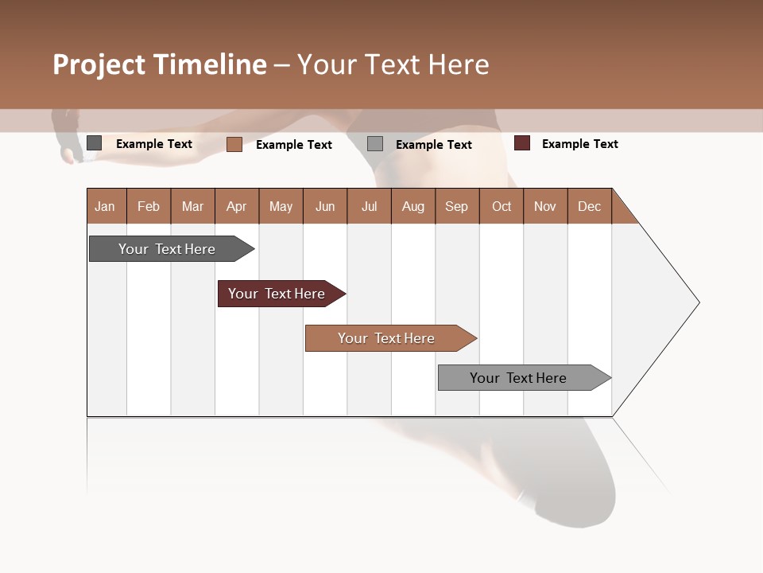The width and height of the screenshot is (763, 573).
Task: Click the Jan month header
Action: (x=105, y=206)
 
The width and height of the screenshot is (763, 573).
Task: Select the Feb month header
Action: (x=149, y=206)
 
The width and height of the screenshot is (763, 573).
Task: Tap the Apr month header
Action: (x=237, y=206)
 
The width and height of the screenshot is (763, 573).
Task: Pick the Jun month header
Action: (x=325, y=206)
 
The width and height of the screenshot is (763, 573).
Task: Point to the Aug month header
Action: (x=413, y=206)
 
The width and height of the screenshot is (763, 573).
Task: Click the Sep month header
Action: (x=457, y=206)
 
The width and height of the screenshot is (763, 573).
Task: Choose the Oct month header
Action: (x=502, y=206)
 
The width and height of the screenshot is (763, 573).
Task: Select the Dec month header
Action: (x=590, y=206)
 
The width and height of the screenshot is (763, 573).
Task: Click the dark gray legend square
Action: (x=94, y=143)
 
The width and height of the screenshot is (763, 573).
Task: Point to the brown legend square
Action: (x=234, y=144)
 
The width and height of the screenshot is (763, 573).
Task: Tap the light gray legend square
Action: (x=375, y=144)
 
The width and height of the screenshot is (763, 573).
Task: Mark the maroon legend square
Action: (x=522, y=143)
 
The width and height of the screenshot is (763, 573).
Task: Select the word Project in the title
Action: (x=99, y=64)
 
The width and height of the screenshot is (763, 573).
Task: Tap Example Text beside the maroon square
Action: (x=580, y=144)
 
